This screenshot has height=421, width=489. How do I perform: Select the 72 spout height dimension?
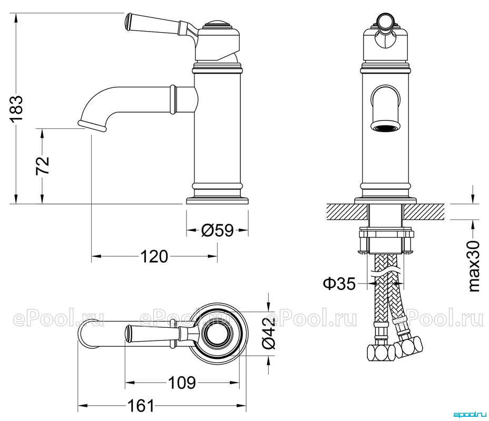pos(43,165)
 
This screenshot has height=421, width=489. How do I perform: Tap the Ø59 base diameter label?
pos(218,230)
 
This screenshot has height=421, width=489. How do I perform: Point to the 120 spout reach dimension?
pos(154,257)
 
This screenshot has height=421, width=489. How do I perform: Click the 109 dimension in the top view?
pos(182,383)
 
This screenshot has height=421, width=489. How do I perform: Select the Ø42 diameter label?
pos(268,333)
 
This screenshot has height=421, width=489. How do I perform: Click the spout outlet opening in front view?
pos(386,127)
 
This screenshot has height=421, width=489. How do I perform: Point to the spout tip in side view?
pos(93,125)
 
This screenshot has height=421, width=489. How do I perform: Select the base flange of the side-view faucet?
pos(218,201)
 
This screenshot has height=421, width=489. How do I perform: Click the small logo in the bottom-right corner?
pos(469,415)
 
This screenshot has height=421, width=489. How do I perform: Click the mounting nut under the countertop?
pos(386,242)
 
